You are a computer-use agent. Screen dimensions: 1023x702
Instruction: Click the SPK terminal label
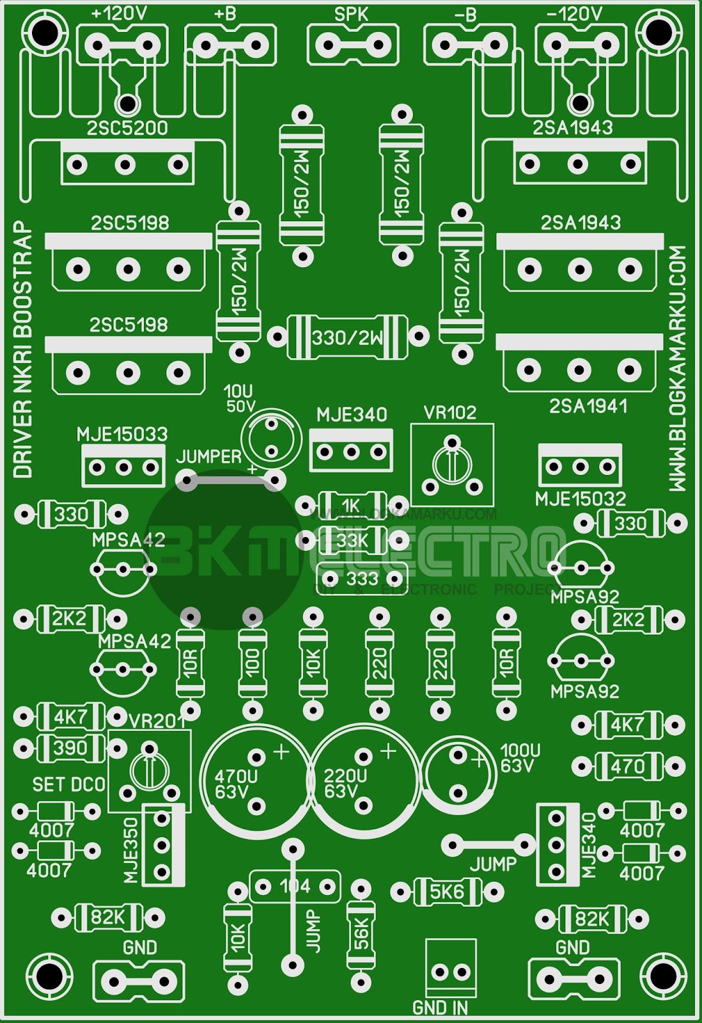[x=351, y=15]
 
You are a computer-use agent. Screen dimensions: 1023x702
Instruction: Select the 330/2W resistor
[x=347, y=336]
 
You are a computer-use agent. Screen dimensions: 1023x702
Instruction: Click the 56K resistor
[x=361, y=934]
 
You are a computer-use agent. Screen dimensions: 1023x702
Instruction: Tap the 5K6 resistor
[x=447, y=891]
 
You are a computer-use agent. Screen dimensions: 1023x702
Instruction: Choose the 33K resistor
[x=352, y=540]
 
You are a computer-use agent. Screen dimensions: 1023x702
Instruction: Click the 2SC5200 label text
[x=127, y=128]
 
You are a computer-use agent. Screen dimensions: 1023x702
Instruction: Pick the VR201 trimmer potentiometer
[x=149, y=771]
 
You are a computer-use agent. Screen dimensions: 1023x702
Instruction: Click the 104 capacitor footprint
[x=295, y=886]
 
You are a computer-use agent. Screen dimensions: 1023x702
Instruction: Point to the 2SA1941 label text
[x=588, y=406]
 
